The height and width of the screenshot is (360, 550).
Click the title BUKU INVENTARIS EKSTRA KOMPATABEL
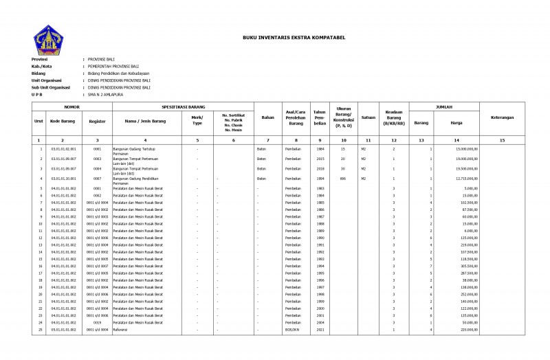click(284, 41)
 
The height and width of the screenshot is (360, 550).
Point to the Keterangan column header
click(502, 118)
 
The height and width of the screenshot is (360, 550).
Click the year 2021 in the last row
click(319, 329)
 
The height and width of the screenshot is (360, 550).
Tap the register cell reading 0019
click(97, 322)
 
